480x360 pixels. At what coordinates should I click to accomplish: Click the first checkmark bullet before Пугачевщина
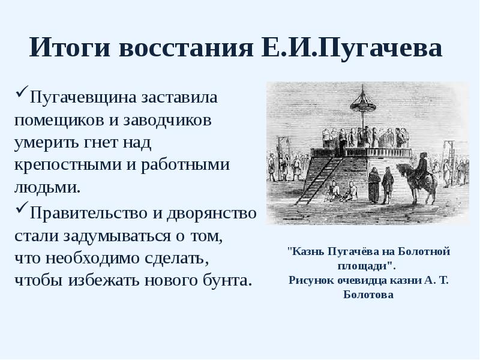click(21, 94)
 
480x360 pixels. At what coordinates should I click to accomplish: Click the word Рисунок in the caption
click(310, 280)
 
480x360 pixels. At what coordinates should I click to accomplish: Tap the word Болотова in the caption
click(368, 295)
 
